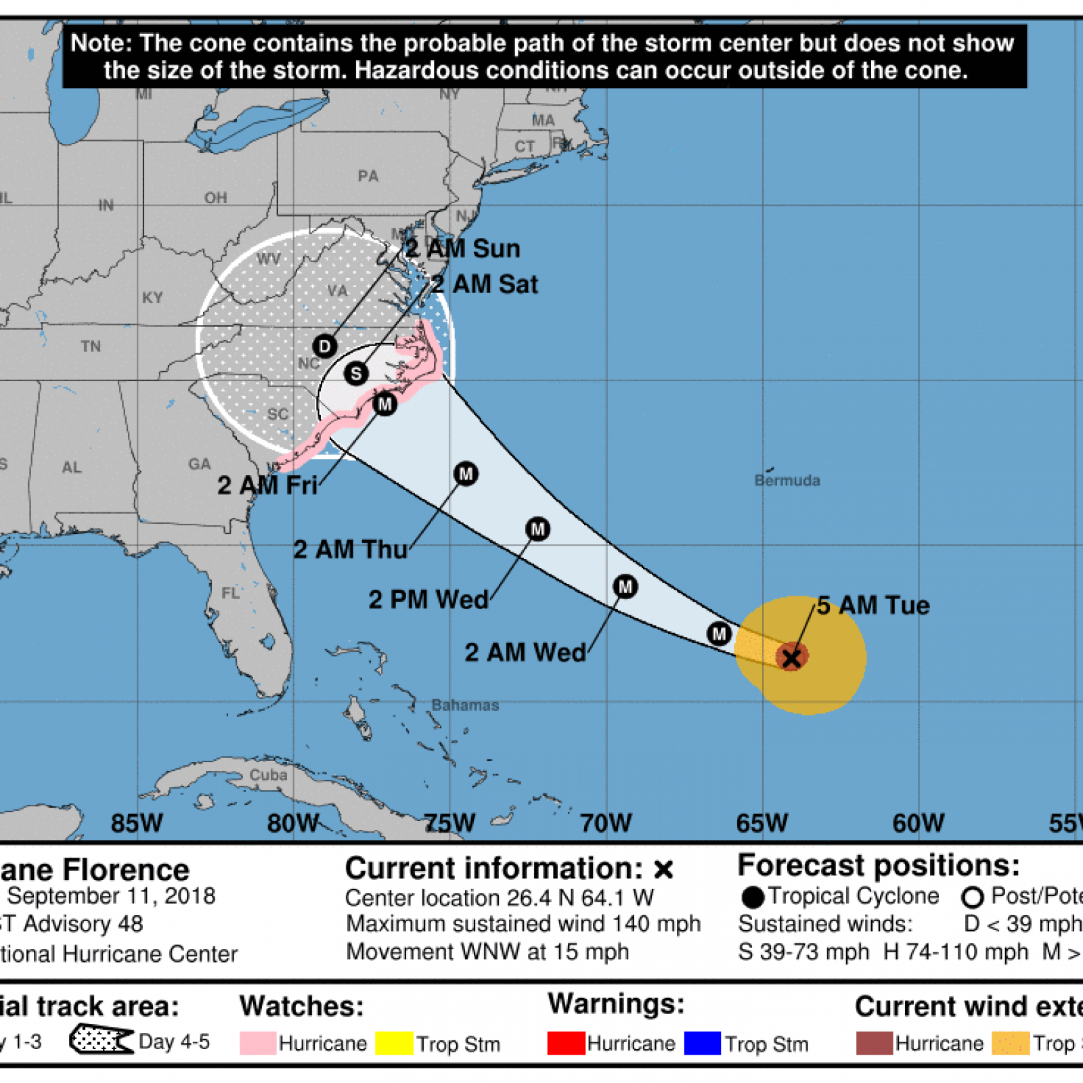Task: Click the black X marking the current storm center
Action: pos(791,657)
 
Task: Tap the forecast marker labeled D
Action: pos(325,347)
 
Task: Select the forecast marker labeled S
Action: pos(356,374)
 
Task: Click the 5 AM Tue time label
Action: pos(873,605)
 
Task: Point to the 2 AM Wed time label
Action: pos(525,653)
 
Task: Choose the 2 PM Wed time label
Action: pos(428,600)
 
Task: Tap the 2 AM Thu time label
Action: pos(351,550)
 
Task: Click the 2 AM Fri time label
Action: pos(267,485)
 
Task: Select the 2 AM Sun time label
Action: pos(463,248)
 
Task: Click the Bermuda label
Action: pos(787,481)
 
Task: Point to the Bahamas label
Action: pos(466,705)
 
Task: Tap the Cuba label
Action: pos(269,775)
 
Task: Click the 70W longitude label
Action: pos(606,823)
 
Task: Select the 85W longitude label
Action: pos(137,823)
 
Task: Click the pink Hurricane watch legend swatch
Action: pos(257,1043)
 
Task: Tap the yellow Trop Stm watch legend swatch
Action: pos(394,1043)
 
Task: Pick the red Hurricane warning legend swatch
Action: pos(566,1043)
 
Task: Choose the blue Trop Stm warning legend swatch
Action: pos(702,1043)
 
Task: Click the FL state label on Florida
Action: pos(230,593)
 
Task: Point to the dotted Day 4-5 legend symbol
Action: pos(100,1040)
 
